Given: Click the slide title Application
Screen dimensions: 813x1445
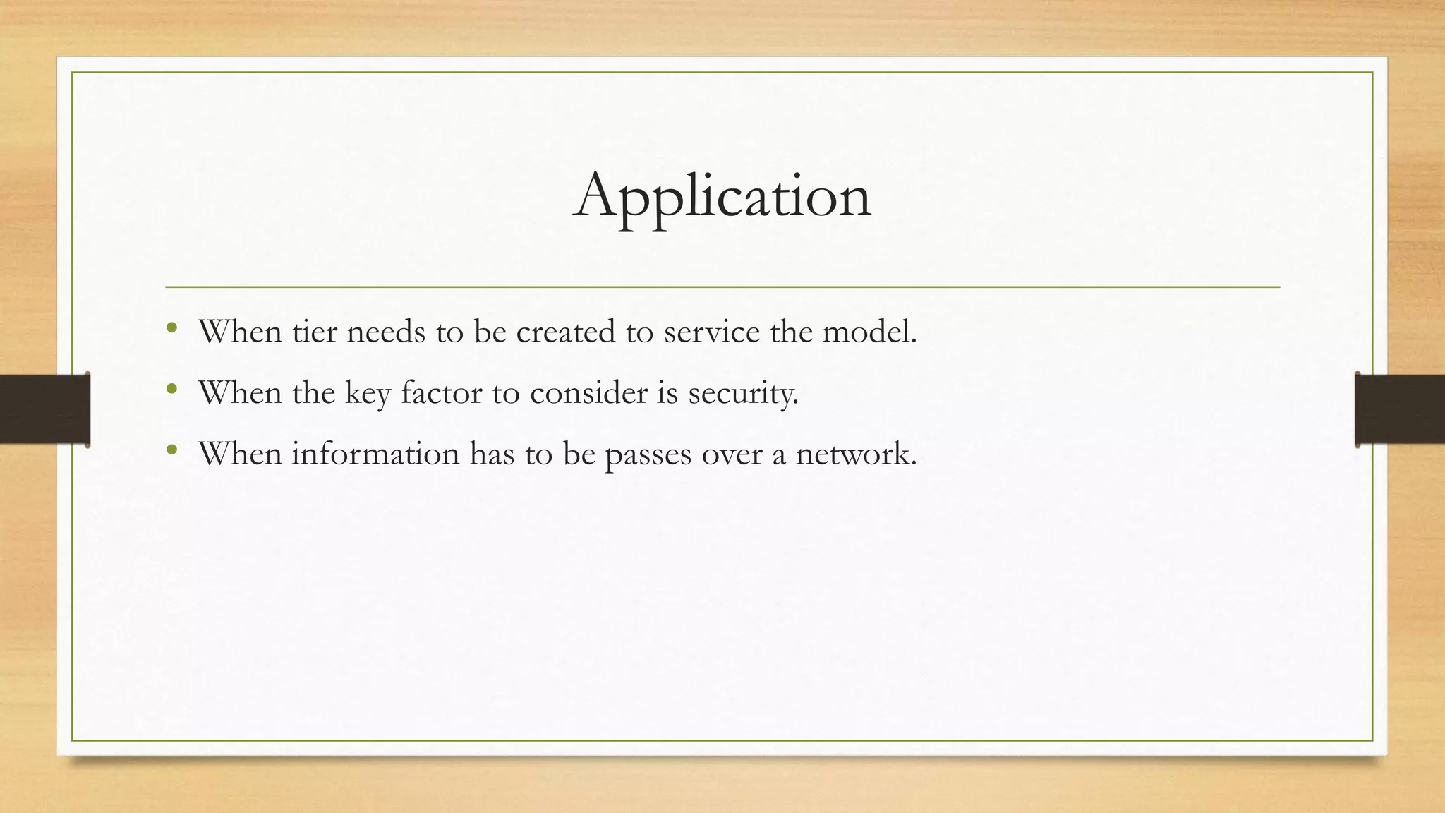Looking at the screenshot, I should point(722,196).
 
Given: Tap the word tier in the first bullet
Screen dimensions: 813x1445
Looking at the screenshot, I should point(315,332).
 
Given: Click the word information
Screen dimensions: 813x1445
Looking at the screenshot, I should point(375,453).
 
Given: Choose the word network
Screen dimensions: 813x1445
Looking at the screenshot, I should point(856,453).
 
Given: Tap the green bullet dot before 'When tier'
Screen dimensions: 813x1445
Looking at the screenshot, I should point(172,327).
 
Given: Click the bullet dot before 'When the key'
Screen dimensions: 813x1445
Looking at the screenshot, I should point(172,388).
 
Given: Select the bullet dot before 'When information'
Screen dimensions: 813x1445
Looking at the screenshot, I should point(172,449).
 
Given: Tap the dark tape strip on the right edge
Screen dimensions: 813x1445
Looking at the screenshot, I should point(1400,409).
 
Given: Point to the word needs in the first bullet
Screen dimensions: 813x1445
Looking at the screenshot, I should point(386,332).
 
